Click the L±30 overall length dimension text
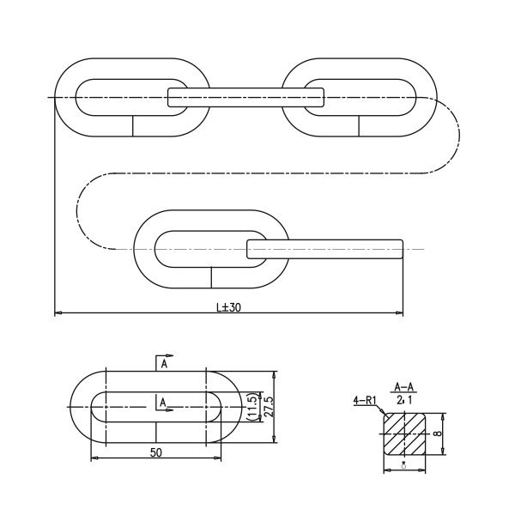point(228,306)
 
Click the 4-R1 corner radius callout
point(363,400)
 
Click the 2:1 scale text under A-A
point(404,400)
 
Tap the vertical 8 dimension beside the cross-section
point(437,433)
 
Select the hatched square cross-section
point(405,433)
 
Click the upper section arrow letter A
point(162,364)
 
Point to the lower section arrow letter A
point(162,401)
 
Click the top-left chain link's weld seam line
point(132,125)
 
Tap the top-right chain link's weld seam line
point(357,125)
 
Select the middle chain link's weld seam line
point(212,277)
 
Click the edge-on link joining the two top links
point(246,97)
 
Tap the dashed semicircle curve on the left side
point(80,210)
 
